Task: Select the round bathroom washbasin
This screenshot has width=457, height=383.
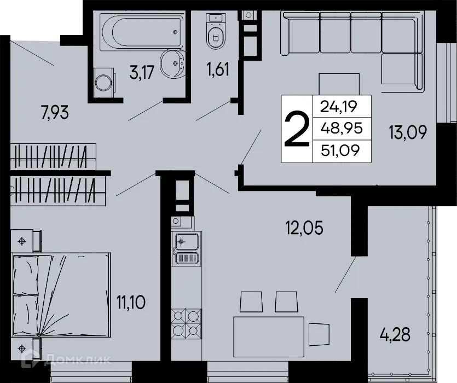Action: (173, 65)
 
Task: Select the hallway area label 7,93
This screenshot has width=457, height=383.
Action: (57, 114)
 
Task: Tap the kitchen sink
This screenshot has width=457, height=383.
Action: (187, 241)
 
